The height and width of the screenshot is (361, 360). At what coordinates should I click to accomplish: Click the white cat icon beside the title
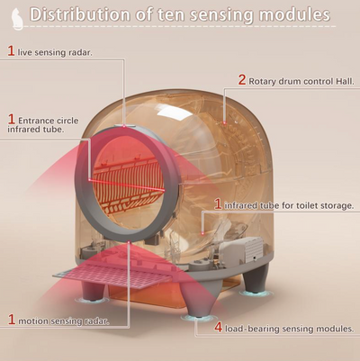18,19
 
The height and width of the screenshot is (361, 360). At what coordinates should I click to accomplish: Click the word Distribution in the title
80,14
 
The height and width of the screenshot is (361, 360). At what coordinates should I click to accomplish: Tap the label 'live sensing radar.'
55,52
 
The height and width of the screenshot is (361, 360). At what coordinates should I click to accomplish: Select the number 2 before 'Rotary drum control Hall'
242,80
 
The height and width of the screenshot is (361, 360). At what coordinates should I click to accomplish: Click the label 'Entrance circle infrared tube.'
43,125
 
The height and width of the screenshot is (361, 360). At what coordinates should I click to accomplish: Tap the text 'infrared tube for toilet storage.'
289,206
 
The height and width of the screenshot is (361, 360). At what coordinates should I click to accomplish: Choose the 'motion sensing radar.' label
64,321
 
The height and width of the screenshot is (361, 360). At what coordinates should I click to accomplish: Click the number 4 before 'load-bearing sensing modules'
219,328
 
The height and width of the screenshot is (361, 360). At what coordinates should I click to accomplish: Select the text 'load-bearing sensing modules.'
290,329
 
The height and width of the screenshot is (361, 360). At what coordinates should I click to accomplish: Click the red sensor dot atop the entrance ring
124,126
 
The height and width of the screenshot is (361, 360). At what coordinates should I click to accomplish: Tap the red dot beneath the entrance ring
129,241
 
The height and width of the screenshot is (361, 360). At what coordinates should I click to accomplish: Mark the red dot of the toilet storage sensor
203,233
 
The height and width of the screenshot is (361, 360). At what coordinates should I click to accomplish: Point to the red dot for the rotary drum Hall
224,122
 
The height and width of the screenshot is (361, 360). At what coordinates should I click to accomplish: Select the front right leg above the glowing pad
197,299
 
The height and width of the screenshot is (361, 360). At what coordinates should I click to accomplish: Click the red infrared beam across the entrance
126,185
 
